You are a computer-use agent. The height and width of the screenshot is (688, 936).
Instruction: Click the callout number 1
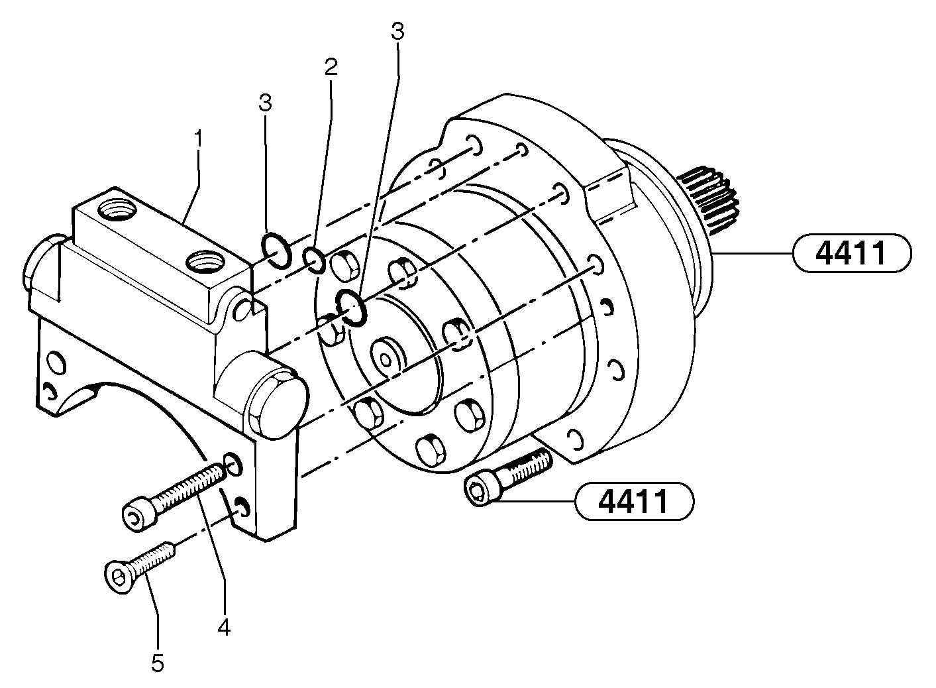(197, 139)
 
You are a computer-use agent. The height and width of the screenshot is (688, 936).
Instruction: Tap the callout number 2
(331, 66)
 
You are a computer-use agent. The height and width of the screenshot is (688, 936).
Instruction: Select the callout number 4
(225, 626)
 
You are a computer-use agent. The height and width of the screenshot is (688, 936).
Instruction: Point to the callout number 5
(157, 663)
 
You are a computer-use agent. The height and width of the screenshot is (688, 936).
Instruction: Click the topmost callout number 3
(397, 31)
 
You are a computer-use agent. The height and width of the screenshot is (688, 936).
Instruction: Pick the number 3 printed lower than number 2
(265, 103)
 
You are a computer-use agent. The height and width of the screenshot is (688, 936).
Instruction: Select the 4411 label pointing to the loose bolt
(634, 501)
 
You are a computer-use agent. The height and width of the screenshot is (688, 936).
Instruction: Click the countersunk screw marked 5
(139, 566)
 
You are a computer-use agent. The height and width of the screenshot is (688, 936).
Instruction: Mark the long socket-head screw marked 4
(176, 497)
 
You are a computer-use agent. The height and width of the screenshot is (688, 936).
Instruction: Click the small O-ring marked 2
(314, 260)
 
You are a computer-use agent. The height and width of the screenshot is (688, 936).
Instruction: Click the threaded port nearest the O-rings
(203, 262)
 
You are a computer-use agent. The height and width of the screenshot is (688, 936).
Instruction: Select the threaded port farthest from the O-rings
(115, 213)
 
